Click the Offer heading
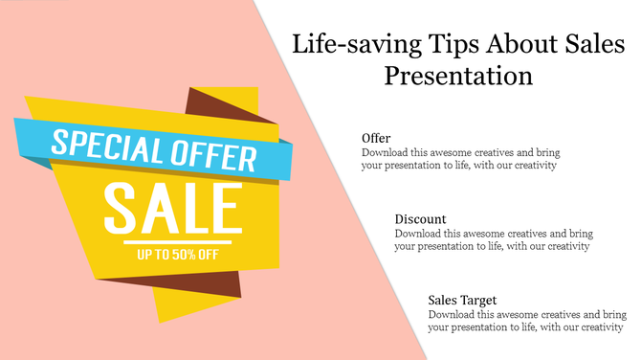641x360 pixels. point(376,138)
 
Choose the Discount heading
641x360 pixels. point(420,219)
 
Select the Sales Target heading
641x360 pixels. point(462,301)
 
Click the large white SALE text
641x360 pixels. point(172,209)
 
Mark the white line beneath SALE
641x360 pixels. point(172,239)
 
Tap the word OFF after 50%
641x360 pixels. point(209,255)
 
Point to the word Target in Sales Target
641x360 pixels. point(477,301)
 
